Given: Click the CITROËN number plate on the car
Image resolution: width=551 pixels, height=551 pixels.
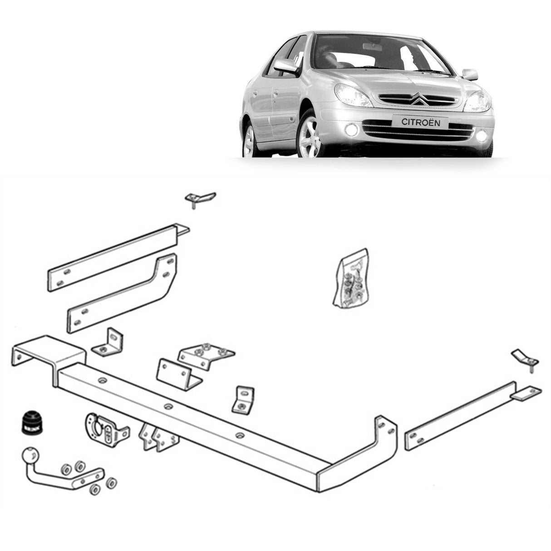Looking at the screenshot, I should click(420, 122).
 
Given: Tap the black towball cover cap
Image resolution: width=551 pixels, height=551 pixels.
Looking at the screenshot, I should click(30, 423).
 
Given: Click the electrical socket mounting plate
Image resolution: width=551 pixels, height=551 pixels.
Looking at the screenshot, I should click(106, 429).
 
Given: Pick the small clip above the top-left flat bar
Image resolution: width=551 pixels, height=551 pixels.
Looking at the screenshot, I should click(199, 198).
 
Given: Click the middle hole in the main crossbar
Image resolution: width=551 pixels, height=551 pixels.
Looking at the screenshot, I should click(168, 406).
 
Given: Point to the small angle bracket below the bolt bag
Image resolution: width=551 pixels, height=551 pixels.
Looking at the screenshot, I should click(244, 400).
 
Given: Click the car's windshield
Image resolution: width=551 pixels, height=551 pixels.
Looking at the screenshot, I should click(377, 54).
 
